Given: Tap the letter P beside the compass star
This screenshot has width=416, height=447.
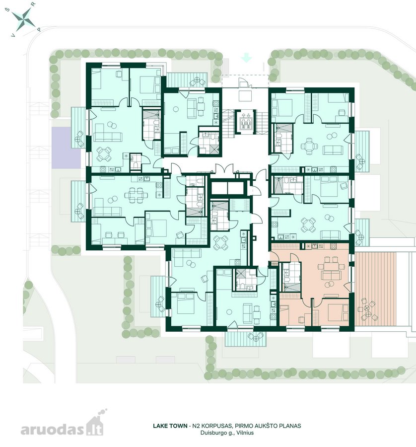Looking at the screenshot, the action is tap(39, 29).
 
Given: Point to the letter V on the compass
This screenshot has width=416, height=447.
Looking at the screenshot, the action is tap(12, 35).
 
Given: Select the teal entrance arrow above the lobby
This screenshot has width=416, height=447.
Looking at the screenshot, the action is tap(246, 59).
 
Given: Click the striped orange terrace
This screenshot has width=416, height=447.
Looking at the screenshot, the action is tap(375, 289).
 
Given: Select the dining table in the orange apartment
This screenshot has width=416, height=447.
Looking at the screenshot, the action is tap(331, 267).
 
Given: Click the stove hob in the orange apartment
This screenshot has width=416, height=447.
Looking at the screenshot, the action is tap(333, 245).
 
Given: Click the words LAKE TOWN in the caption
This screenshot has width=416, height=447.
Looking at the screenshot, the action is tap(170, 426).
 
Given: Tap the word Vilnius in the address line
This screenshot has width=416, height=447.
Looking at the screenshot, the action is tap(246, 433).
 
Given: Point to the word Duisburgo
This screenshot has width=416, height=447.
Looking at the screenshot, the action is tap(212, 433).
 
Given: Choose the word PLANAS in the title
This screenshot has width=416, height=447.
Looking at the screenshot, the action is tap(290, 426).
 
